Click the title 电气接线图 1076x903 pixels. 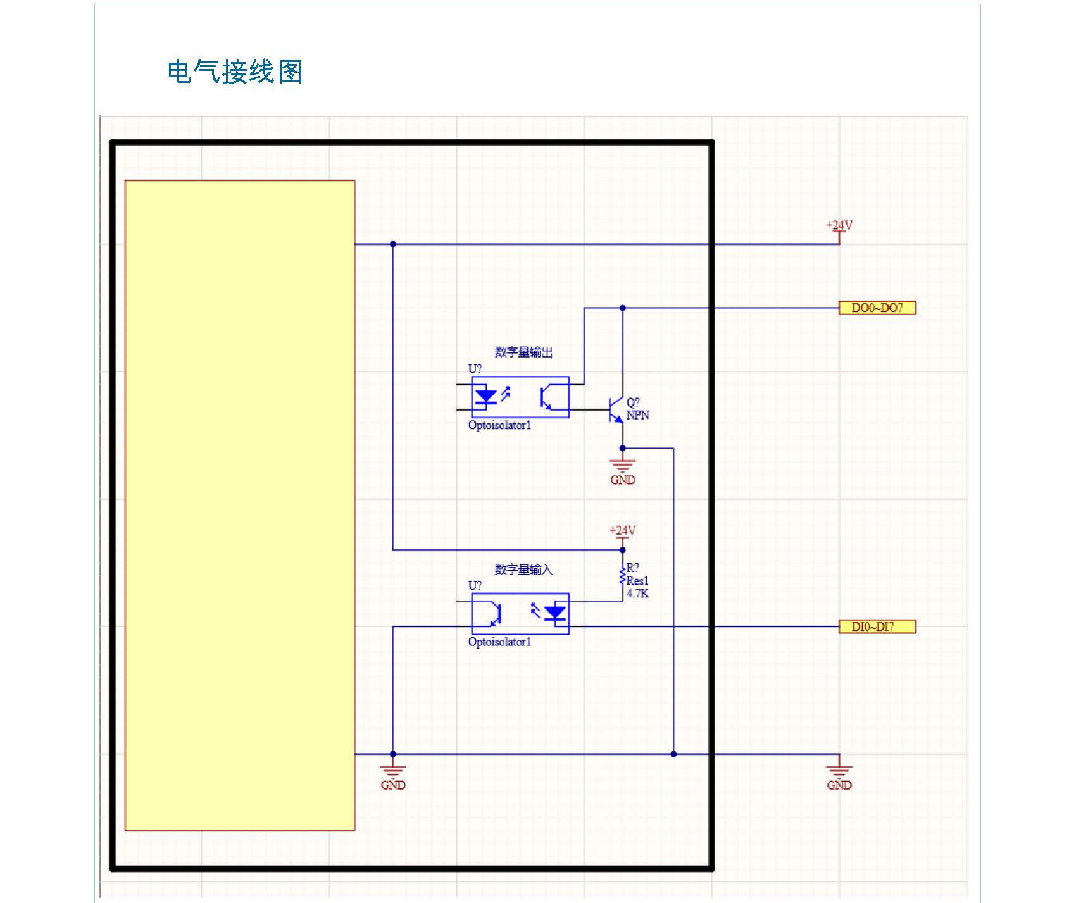235,72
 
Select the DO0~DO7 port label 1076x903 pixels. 877,308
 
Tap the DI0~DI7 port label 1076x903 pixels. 877,627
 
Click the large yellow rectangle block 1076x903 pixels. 239,505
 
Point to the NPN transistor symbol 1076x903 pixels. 615,409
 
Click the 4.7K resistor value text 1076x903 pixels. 637,594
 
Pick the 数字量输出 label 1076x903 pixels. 523,352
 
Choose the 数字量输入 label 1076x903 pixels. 523,570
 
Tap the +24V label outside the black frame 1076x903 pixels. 839,225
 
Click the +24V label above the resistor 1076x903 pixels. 622,530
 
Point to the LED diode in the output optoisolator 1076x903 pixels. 486,397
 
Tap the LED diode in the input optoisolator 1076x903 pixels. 556,613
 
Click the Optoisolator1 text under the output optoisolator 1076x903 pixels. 499,425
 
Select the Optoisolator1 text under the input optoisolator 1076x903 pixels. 499,642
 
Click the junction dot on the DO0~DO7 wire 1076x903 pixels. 622,308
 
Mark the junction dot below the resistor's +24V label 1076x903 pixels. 622,550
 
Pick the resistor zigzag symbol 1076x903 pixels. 622,576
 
